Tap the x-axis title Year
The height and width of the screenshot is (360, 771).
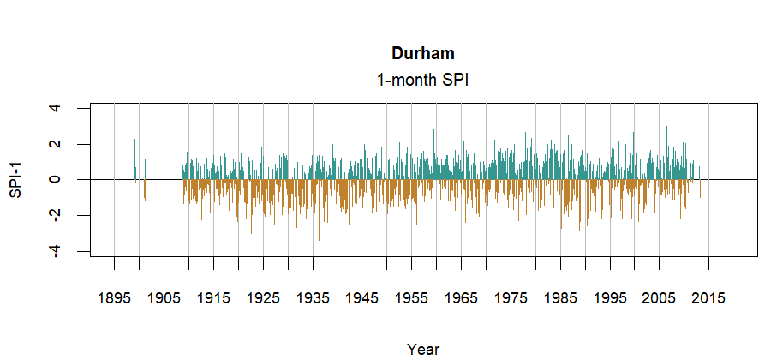click(423, 349)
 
